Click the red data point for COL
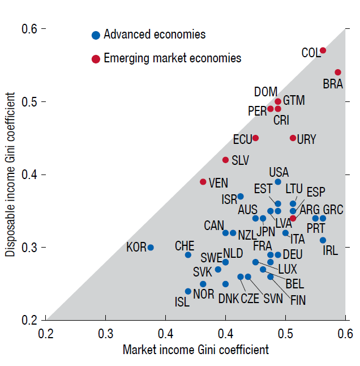click(x=323, y=50)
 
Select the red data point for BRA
click(x=338, y=73)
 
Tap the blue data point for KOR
click(x=151, y=248)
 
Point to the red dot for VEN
click(x=203, y=182)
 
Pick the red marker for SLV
click(x=226, y=160)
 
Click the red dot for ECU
click(x=256, y=138)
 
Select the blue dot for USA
click(x=278, y=182)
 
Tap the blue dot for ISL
click(x=188, y=291)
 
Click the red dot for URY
click(x=293, y=138)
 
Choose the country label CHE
click(x=185, y=246)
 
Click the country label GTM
click(x=294, y=100)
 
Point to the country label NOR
click(x=203, y=293)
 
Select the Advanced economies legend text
click(x=155, y=35)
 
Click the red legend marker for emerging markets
click(x=96, y=58)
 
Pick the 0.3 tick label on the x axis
click(x=106, y=333)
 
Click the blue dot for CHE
click(x=188, y=255)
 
